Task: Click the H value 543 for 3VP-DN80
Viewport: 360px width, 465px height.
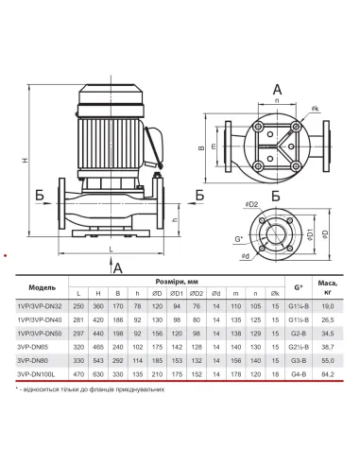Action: pos(98,361)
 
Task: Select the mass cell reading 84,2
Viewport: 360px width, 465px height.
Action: pos(328,374)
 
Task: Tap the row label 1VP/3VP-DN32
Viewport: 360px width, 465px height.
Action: pos(40,306)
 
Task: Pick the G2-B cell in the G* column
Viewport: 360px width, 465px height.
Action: pos(299,334)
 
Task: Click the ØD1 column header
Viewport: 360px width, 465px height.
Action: pos(177,294)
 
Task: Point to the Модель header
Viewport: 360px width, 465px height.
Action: pos(43,287)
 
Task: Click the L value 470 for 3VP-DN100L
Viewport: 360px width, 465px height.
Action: pos(78,374)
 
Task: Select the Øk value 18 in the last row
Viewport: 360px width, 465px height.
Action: pos(275,374)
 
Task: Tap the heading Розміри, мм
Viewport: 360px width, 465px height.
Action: pos(177,282)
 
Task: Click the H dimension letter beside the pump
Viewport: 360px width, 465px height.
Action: pos(26,160)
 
